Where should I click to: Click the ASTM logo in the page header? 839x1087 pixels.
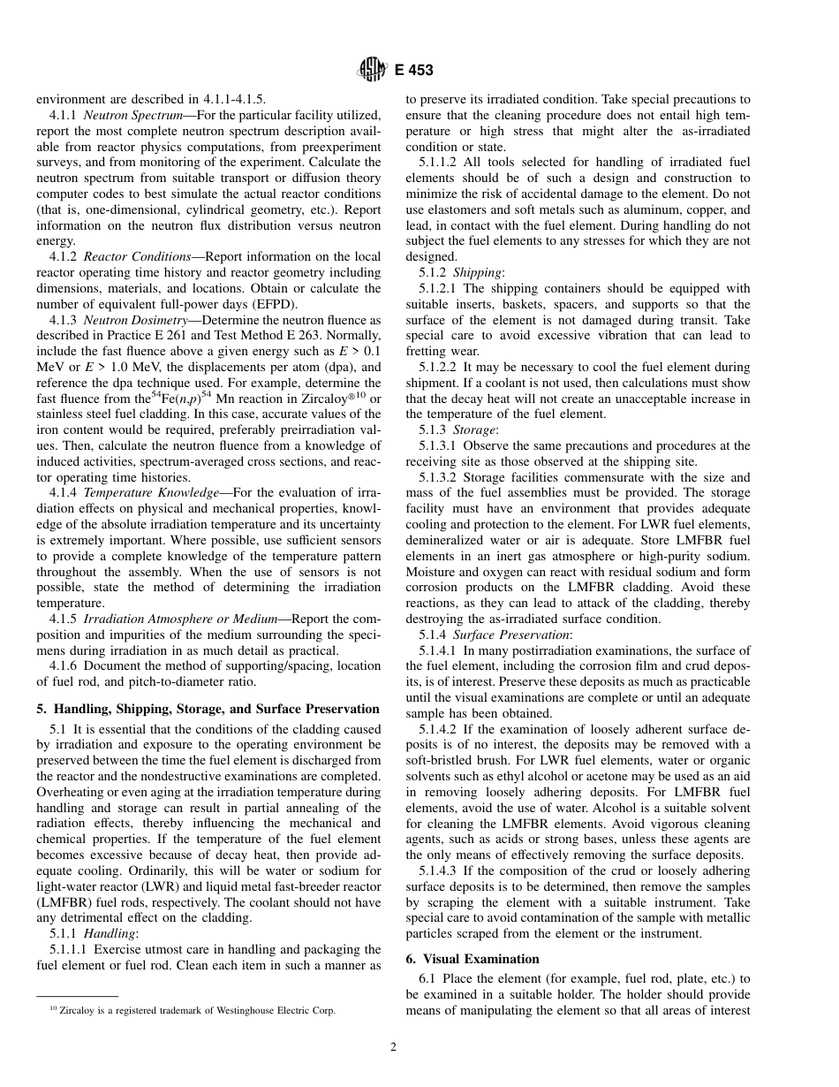pos(368,70)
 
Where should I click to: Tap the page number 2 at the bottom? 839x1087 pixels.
pos(394,1048)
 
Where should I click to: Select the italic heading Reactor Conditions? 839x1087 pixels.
pos(130,257)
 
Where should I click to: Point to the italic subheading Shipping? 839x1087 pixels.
pos(477,273)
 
